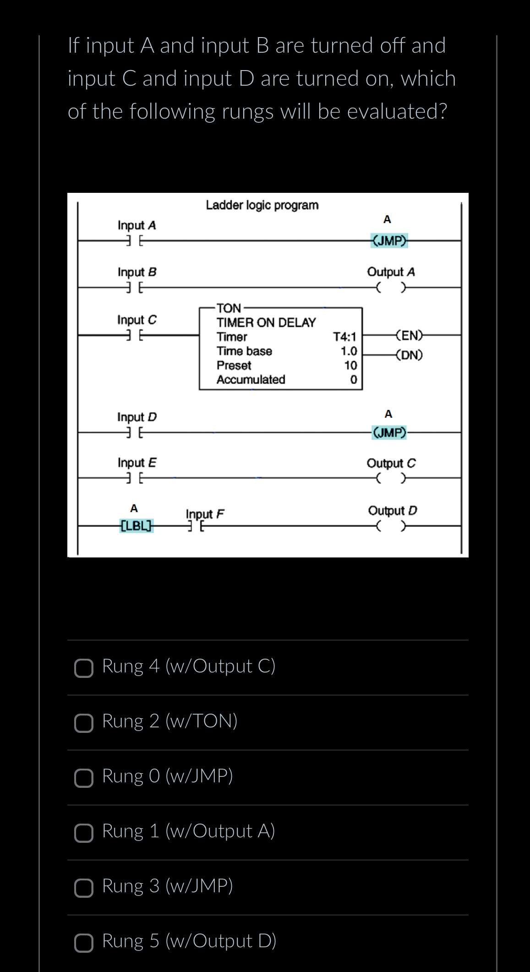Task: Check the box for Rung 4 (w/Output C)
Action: [x=84, y=668]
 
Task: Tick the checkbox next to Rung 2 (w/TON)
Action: [x=84, y=723]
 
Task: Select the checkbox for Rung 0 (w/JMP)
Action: [x=84, y=778]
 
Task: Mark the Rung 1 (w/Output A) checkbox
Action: [x=84, y=833]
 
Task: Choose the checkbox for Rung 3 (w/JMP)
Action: [x=84, y=888]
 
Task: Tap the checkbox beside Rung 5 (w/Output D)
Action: [x=84, y=943]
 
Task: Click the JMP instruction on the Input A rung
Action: [x=389, y=240]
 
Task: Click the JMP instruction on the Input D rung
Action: [x=389, y=432]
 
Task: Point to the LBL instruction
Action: [x=136, y=525]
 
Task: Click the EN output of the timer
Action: [x=409, y=335]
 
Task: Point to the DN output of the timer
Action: [x=409, y=355]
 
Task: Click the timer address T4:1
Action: [x=344, y=337]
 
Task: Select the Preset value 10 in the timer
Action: [x=350, y=366]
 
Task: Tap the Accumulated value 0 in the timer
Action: [x=353, y=380]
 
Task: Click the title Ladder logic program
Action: [x=262, y=205]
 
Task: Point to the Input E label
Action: [x=137, y=463]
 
